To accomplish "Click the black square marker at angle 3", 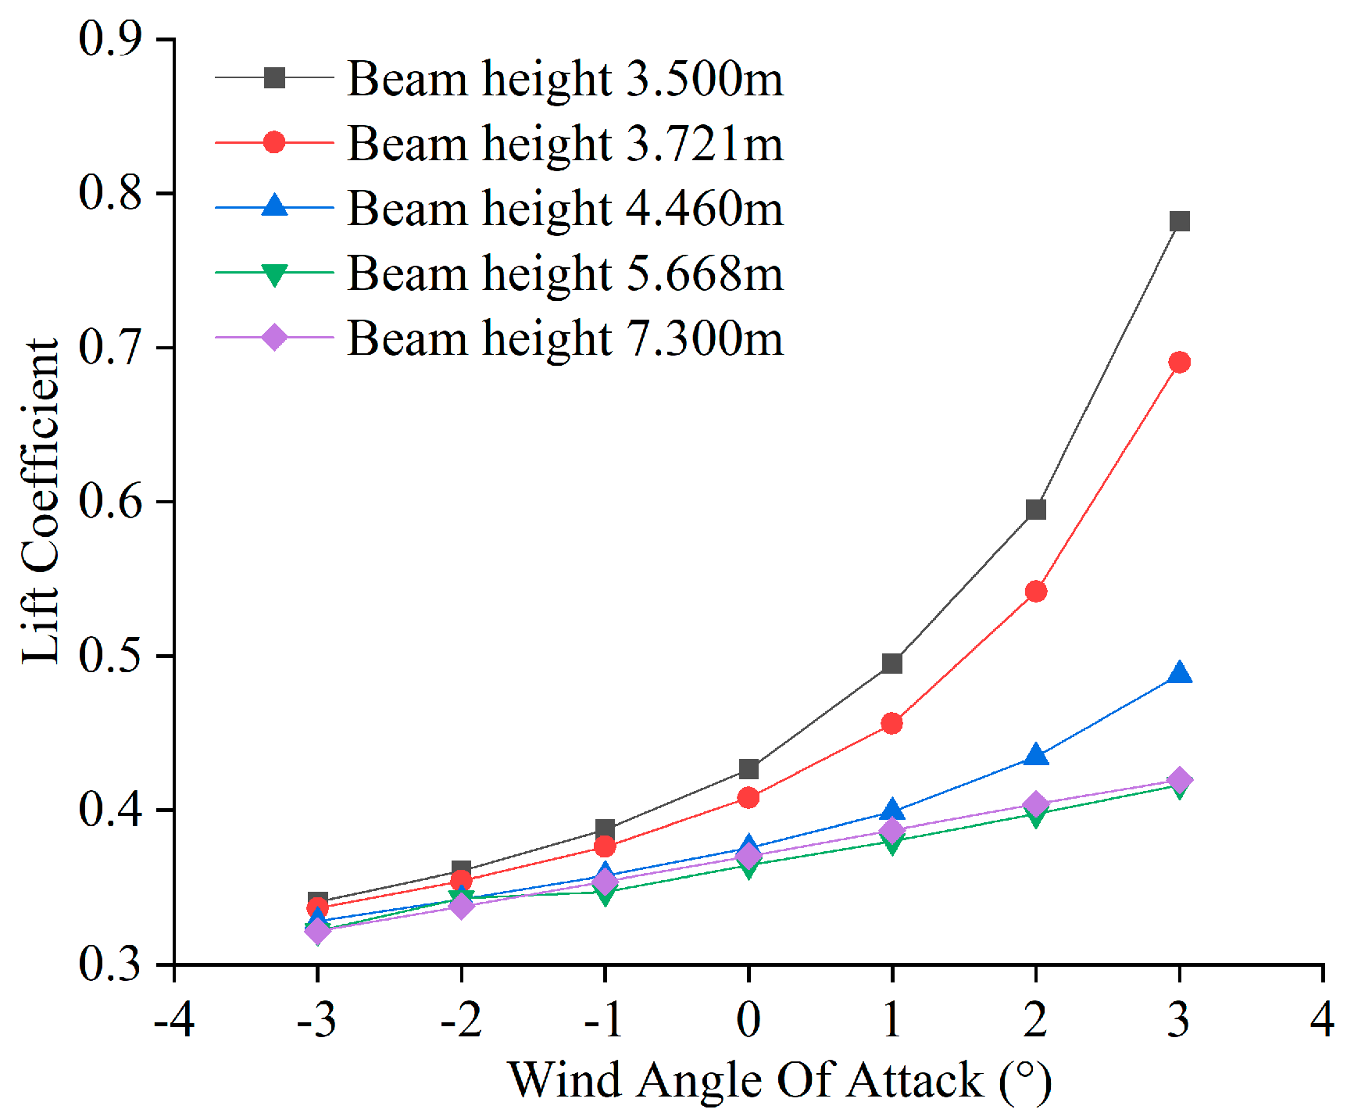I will (1180, 221).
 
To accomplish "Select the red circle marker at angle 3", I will (1180, 363).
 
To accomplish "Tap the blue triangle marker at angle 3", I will (1180, 673).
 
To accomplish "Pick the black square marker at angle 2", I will (1036, 510).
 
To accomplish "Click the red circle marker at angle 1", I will (892, 724).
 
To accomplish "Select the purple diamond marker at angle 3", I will (1180, 779).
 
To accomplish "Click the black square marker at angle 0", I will (749, 770).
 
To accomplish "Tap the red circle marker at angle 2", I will (1036, 592).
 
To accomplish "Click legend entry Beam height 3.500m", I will (564, 79).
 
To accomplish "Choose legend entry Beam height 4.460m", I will (564, 209).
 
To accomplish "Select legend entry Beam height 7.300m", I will (564, 338).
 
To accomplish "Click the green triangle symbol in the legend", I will (274, 274).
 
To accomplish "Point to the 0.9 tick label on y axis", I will (110, 39).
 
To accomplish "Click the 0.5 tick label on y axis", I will (110, 655).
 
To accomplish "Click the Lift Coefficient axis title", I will (41, 502).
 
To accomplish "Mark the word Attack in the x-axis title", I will (915, 1081).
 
